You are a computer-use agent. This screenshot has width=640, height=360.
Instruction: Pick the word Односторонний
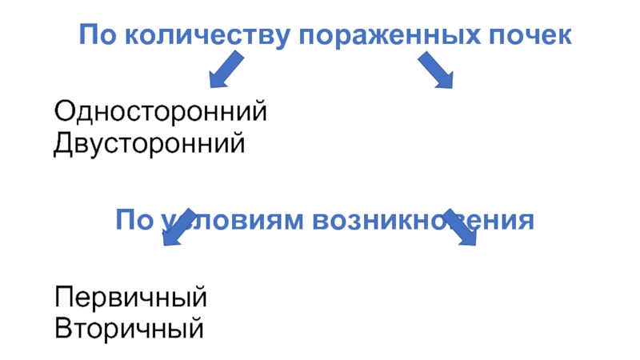(160, 111)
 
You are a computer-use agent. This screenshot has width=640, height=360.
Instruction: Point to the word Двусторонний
(149, 144)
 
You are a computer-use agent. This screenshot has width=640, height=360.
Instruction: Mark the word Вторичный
(129, 329)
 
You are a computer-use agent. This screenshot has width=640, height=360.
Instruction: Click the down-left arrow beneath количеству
(226, 69)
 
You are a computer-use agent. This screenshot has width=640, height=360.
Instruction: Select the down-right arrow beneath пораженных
(435, 70)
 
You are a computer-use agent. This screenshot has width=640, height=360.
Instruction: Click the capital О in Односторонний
(62, 111)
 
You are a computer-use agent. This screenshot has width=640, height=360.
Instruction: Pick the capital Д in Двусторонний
(62, 144)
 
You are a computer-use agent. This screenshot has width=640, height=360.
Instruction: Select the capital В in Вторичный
(62, 329)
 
